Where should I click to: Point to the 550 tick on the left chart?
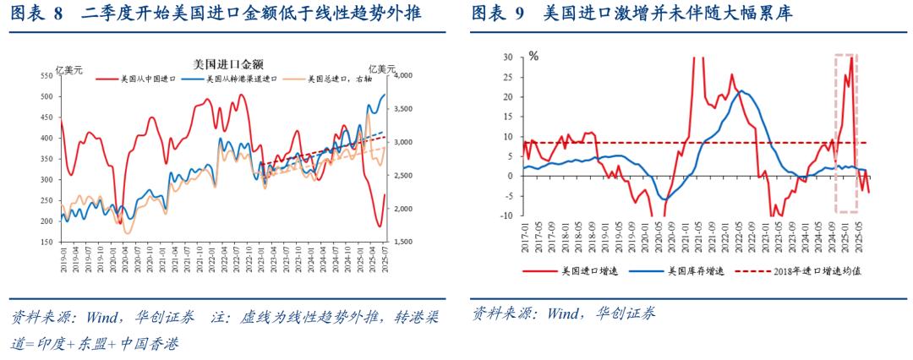pos(46,76)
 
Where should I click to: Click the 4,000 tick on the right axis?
pos(402,76)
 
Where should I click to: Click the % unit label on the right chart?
pos(533,56)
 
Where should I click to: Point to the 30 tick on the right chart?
pos(508,57)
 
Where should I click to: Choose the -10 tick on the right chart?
pos(506,215)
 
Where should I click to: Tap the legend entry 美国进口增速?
pos(592,272)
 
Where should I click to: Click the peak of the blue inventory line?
pos(741,91)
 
